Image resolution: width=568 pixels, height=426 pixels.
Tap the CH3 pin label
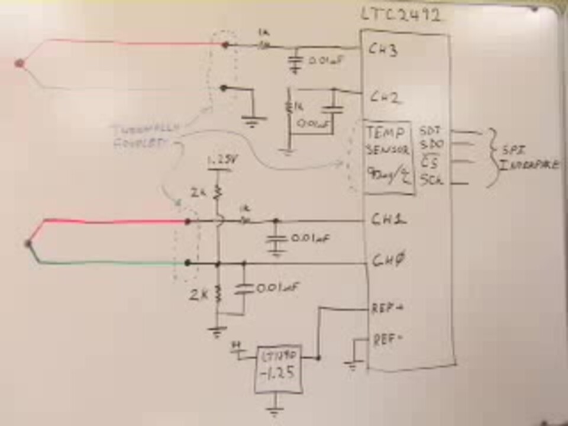point(383,51)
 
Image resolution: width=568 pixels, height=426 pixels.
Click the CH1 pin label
point(385,220)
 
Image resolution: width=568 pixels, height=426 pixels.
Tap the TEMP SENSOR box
point(389,157)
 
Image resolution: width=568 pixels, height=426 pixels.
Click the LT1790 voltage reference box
point(278,369)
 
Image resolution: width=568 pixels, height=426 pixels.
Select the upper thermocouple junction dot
point(20,63)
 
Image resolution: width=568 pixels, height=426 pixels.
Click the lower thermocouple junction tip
point(27,243)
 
